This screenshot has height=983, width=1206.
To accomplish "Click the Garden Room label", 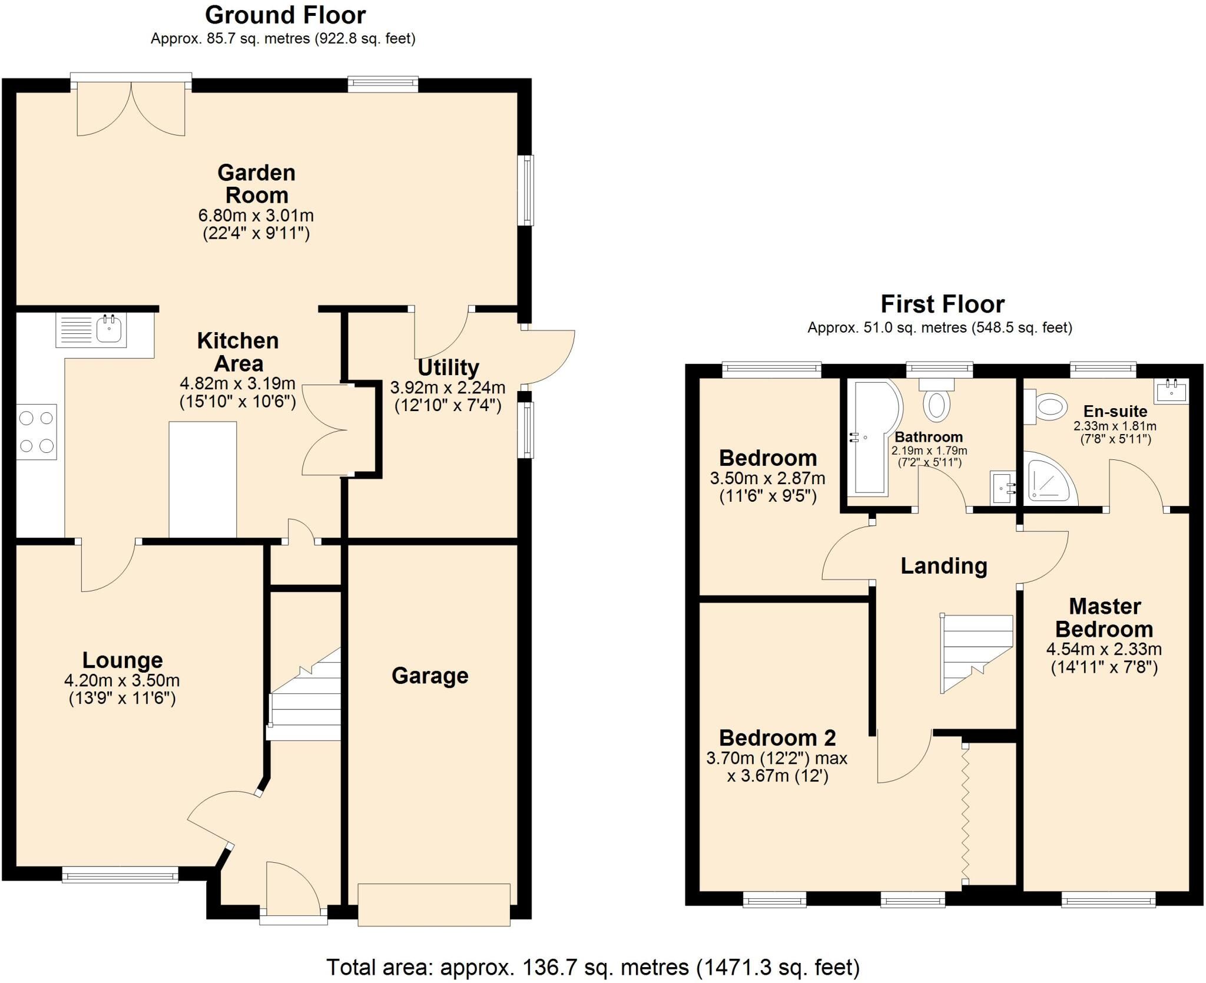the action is pyautogui.click(x=256, y=184).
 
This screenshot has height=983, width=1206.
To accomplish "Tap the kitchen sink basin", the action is pyautogui.click(x=109, y=329).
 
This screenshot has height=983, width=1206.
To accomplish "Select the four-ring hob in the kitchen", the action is pyautogui.click(x=37, y=432).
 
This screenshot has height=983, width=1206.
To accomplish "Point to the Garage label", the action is pyautogui.click(x=430, y=676).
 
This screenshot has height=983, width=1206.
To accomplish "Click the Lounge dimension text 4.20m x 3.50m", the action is pyautogui.click(x=122, y=680).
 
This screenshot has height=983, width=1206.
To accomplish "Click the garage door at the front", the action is pyautogui.click(x=434, y=905).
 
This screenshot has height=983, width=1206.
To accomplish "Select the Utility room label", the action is pyautogui.click(x=448, y=367).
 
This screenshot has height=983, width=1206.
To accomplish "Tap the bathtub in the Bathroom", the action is pyautogui.click(x=873, y=437).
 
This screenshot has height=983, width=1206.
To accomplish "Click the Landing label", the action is pyautogui.click(x=944, y=566).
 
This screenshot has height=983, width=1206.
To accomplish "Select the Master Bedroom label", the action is pyautogui.click(x=1104, y=618).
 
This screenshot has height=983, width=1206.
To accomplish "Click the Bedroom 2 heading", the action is pyautogui.click(x=777, y=737).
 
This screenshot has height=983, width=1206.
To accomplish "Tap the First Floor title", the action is pyautogui.click(x=942, y=304).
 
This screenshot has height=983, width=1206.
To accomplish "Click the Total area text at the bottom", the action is pyautogui.click(x=593, y=967).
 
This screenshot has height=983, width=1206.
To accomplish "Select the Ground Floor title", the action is pyautogui.click(x=286, y=15).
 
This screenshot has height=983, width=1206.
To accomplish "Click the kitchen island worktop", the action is pyautogui.click(x=203, y=479).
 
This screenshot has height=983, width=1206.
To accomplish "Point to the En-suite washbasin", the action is pyautogui.click(x=1171, y=390).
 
